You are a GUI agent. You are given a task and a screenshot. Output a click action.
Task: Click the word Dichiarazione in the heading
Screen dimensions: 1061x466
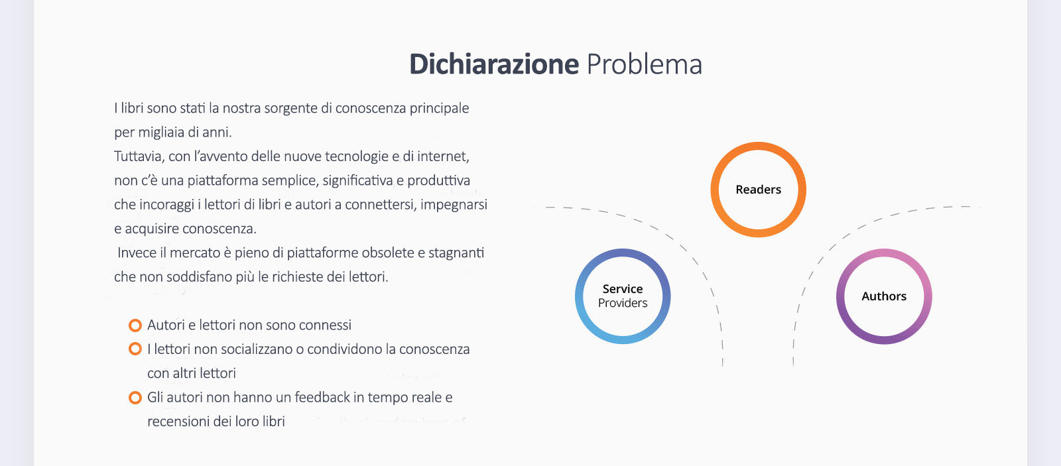(494, 64)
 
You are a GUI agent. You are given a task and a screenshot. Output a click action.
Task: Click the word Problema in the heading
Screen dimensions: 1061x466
(645, 64)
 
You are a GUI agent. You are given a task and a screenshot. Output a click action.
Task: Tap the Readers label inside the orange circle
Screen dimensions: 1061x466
(759, 190)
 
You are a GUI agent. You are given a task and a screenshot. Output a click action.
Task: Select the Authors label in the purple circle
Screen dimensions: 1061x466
(884, 296)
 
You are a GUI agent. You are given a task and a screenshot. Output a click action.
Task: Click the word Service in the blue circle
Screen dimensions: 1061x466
(623, 289)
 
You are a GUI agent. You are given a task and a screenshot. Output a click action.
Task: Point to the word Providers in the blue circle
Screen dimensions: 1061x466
(623, 303)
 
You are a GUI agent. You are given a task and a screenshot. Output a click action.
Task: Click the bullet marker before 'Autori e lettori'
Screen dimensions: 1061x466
(135, 325)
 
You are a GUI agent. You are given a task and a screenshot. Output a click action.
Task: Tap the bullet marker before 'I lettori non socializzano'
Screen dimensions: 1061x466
(135, 349)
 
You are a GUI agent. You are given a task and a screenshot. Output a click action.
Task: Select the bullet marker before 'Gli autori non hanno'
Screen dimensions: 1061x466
(135, 398)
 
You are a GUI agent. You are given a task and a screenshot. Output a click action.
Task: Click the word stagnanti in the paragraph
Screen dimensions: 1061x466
(456, 253)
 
